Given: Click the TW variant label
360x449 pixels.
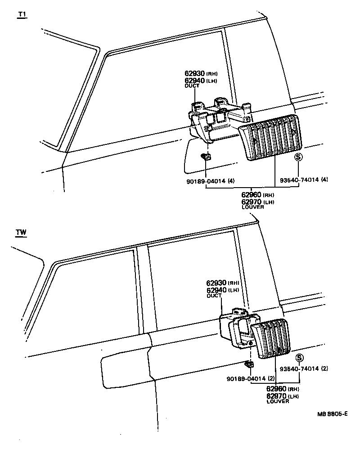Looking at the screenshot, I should click(x=21, y=233).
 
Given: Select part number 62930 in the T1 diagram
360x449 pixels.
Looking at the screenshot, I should click(x=194, y=72).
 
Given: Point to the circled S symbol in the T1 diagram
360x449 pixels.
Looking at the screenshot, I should click(x=298, y=157).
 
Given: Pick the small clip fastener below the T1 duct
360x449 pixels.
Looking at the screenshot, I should click(x=207, y=157).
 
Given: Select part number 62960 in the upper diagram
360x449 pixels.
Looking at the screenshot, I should click(x=251, y=195).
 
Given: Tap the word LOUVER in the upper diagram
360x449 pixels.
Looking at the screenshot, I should click(x=253, y=207).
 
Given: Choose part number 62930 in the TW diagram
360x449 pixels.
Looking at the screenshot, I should click(x=216, y=283).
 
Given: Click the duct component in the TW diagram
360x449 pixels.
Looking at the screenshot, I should click(x=234, y=331).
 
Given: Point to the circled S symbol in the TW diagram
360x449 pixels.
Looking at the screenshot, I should click(x=299, y=358).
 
